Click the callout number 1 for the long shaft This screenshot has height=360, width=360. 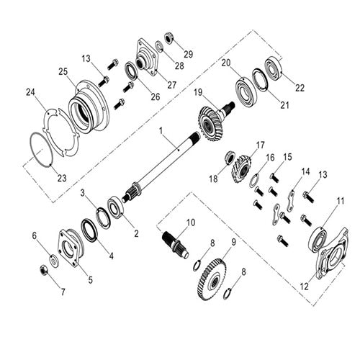click(161, 131)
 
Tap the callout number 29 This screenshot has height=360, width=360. click(189, 54)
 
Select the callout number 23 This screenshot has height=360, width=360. click(62, 178)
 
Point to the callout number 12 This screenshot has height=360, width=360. click(305, 286)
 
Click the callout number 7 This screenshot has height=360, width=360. click(63, 292)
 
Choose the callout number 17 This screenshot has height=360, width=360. click(260, 145)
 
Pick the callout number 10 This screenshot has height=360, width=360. click(191, 222)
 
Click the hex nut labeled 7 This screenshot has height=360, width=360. click(44, 270)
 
